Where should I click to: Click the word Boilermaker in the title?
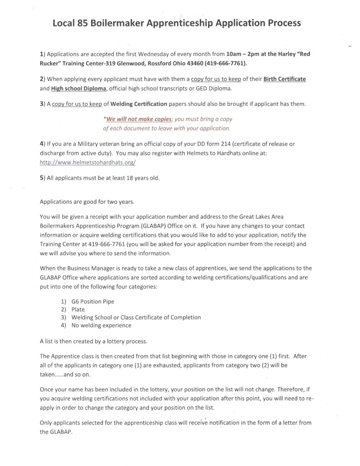116,23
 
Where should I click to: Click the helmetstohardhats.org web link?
88,162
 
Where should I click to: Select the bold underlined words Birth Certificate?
281,79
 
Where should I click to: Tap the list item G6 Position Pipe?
96,302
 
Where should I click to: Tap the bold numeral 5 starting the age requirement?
42,178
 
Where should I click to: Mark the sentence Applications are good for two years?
86,201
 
